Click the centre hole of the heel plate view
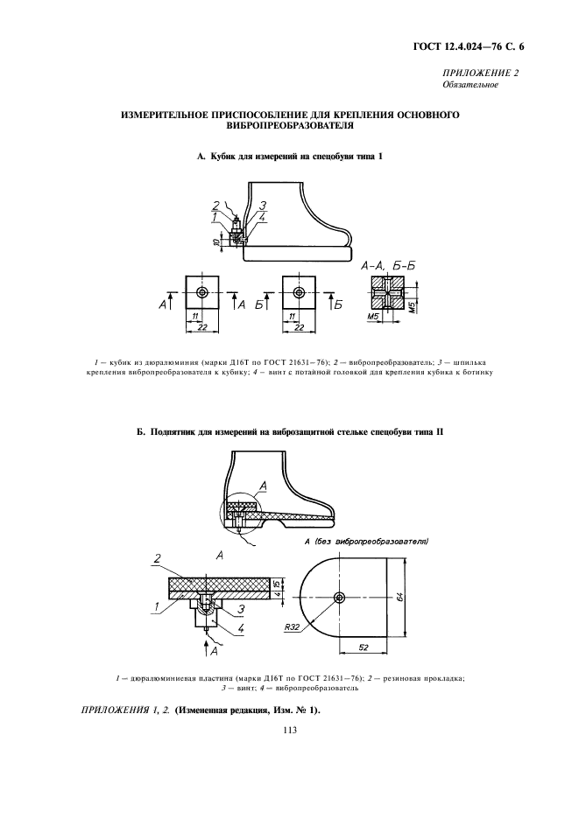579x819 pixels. tap(339, 598)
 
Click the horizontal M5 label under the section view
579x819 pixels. tap(372, 316)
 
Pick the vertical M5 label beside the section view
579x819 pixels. tap(415, 306)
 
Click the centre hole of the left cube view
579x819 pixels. tap(202, 292)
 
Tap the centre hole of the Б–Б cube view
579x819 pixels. tap(300, 292)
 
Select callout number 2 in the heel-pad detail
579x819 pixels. tap(156, 557)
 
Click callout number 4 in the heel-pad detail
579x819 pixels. tap(238, 628)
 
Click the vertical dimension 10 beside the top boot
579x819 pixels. tap(215, 241)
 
